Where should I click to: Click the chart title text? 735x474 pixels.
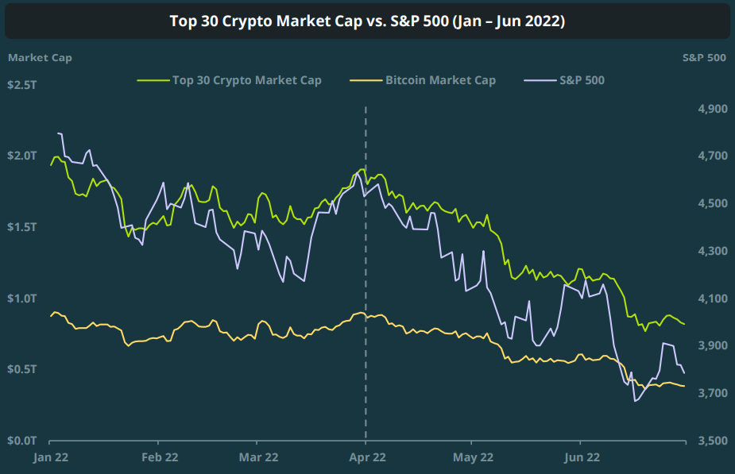click(x=367, y=21)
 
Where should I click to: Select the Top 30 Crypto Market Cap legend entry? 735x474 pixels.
click(x=246, y=80)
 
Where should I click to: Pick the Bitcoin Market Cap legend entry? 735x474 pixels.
click(x=440, y=80)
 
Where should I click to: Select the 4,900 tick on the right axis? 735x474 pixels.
click(x=712, y=109)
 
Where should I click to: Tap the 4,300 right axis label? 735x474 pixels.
click(x=712, y=251)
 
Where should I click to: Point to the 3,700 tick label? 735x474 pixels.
click(x=712, y=393)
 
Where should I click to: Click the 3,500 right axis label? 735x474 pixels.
click(x=712, y=440)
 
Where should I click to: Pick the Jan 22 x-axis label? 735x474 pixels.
click(x=49, y=457)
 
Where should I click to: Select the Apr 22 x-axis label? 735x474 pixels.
click(x=366, y=457)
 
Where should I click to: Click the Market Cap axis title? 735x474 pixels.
click(x=39, y=57)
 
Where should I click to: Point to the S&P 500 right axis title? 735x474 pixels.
click(x=704, y=57)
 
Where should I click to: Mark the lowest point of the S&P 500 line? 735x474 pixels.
click(x=636, y=401)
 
